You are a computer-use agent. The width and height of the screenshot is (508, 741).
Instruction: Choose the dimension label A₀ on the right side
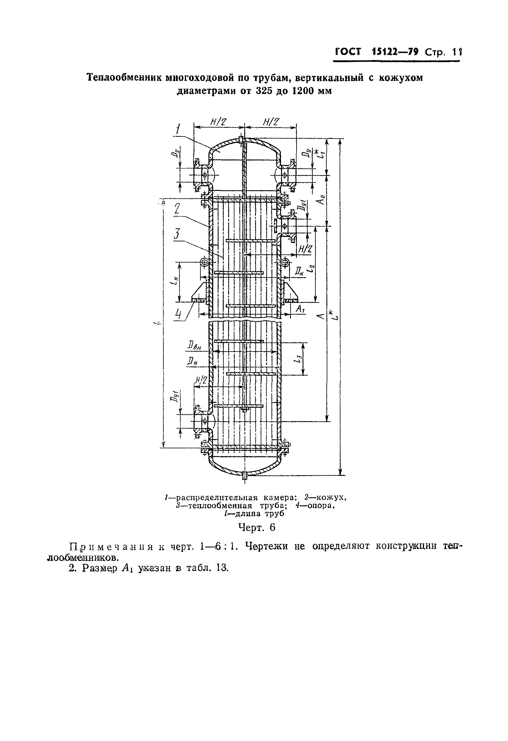(322, 200)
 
